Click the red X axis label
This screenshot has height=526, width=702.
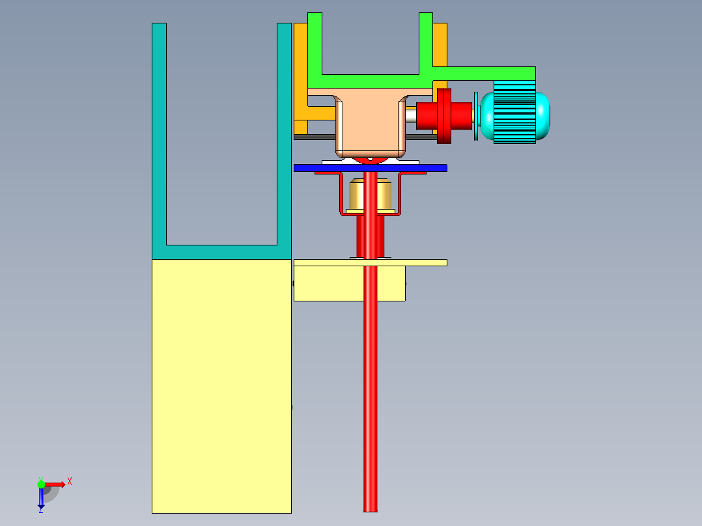coord(69,481)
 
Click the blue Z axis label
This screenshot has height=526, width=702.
coord(40,510)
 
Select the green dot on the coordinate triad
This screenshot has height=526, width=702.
coord(41,484)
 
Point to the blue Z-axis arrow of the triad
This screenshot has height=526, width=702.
coord(41,498)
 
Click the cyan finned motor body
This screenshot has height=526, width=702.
coord(518,113)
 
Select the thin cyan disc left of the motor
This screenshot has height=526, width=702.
coord(476,116)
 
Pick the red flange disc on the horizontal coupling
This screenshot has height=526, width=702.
coord(443,116)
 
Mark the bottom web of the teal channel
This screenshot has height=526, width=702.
coord(221,252)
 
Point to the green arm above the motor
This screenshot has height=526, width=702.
coord(485,73)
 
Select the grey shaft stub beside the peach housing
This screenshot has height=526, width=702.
coord(410,116)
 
